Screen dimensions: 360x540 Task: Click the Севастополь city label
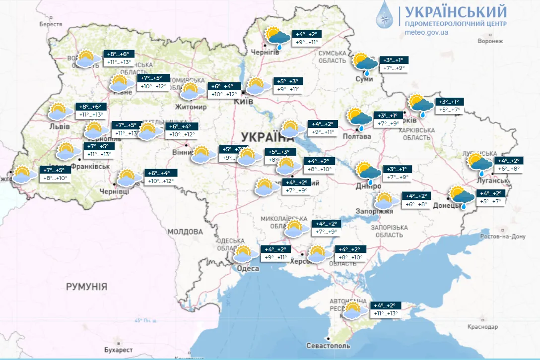328,346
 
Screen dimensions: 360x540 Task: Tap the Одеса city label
248,268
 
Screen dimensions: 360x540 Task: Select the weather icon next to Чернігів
277,38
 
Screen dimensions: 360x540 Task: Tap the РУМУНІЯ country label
86,287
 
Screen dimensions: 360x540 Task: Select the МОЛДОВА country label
185,232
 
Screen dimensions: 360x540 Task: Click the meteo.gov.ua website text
427,32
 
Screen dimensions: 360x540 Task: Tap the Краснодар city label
482,327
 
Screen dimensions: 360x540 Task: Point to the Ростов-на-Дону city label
502,237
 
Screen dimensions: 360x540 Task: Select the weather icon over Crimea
352,310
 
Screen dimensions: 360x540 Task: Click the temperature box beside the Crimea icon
386,309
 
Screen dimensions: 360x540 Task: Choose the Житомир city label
191,107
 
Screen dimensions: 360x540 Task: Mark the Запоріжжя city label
374,211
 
